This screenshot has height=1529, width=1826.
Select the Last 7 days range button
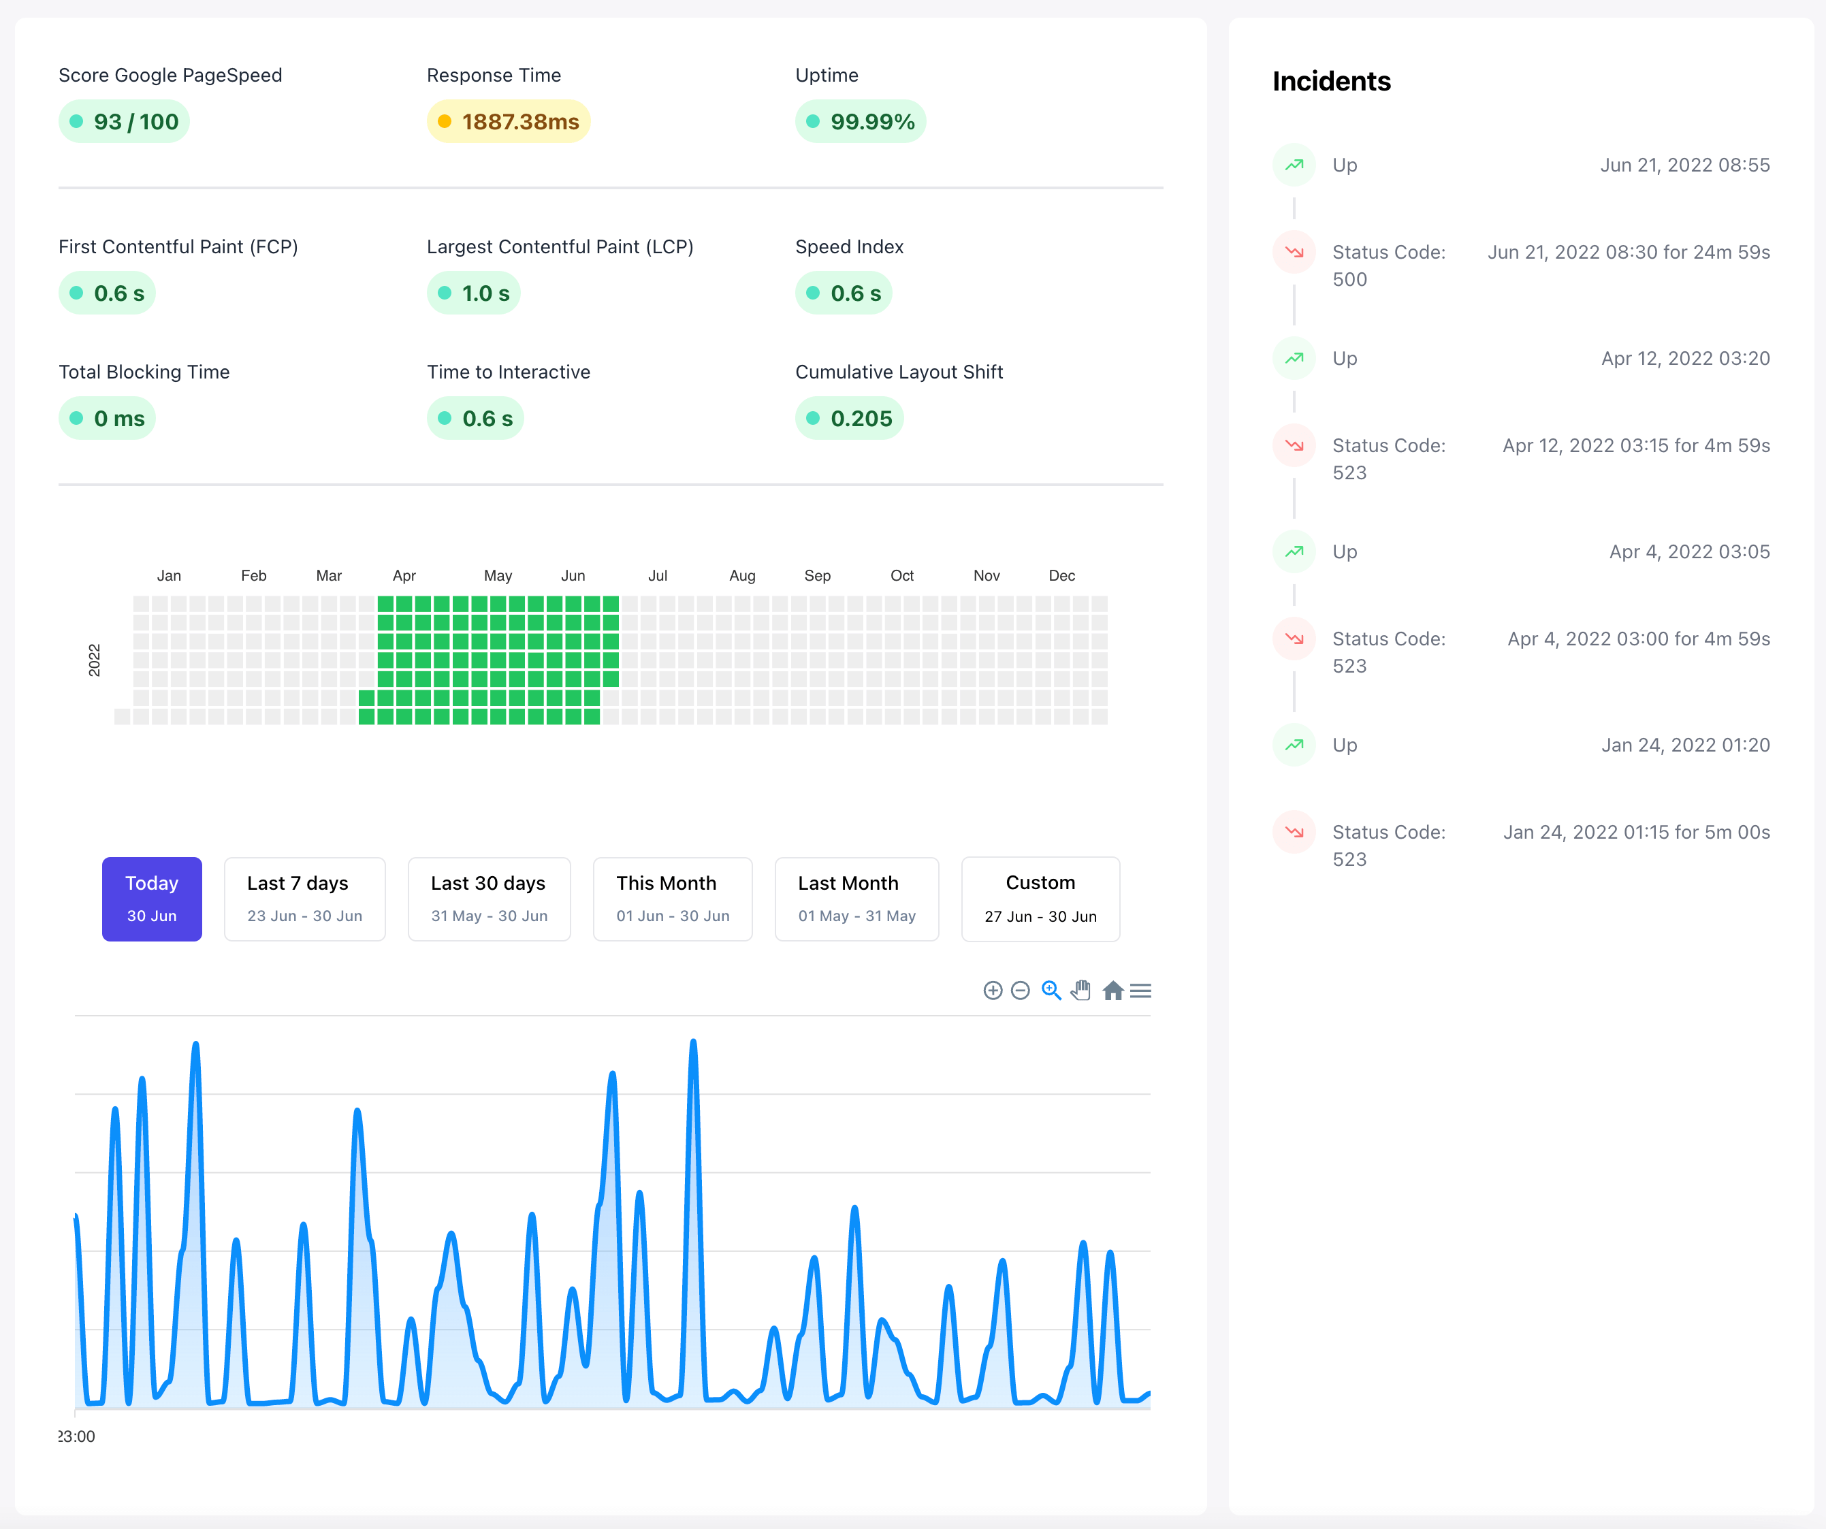click(304, 899)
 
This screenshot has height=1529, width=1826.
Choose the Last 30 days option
click(489, 899)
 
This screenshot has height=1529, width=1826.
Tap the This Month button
click(672, 899)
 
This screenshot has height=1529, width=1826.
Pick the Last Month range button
click(856, 899)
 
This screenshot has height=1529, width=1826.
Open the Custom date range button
click(1040, 899)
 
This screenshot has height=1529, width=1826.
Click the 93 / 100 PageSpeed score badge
click(125, 122)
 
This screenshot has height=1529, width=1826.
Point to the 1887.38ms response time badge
click(509, 122)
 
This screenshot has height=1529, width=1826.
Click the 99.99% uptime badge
click(861, 122)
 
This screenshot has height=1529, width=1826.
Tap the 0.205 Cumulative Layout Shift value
click(850, 418)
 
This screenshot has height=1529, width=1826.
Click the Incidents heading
click(1331, 81)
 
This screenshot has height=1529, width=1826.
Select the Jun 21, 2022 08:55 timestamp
click(1684, 165)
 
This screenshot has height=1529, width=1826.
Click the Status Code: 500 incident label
click(1389, 265)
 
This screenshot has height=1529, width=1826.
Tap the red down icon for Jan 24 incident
click(1294, 832)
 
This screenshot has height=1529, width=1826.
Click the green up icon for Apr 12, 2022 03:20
click(1294, 358)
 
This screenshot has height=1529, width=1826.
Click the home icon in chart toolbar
click(1112, 991)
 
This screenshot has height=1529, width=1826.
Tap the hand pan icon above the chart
click(1080, 991)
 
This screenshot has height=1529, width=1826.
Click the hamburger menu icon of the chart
click(1141, 991)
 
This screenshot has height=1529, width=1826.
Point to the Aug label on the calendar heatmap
click(741, 575)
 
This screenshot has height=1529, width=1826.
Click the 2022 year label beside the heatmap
click(94, 660)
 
